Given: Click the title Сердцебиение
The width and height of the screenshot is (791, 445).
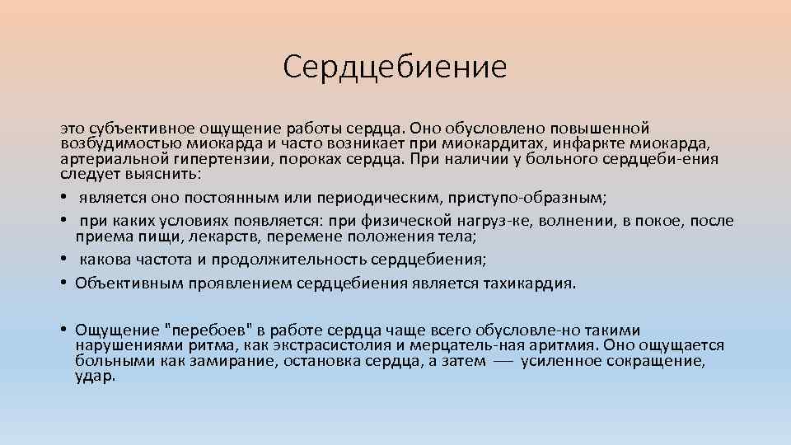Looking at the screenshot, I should coord(395,67).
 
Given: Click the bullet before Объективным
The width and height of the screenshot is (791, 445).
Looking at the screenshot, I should coord(63,283).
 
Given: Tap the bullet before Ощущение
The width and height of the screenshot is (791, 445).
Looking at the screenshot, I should coord(63,330).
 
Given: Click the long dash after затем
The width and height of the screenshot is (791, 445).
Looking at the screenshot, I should coord(503,361).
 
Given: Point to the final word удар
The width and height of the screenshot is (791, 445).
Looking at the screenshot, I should coord(95,377).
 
